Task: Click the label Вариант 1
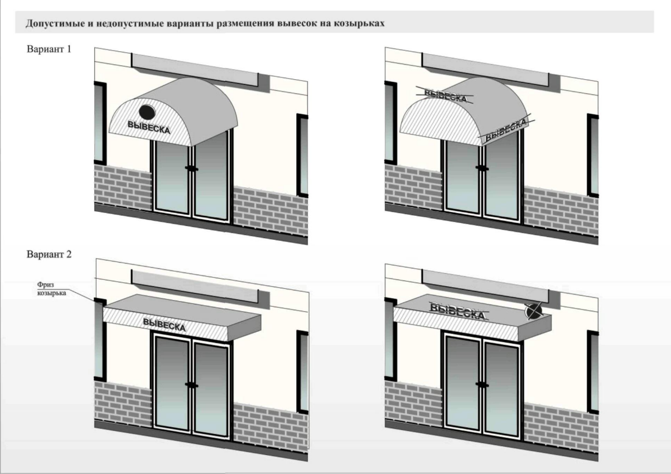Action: tap(49, 49)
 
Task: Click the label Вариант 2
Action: tap(49, 254)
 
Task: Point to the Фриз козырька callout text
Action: tap(51, 289)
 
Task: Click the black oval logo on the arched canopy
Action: tap(147, 112)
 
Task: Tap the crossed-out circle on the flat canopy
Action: tap(533, 311)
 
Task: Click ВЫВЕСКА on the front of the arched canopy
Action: tap(149, 128)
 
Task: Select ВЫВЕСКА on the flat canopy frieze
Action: tap(164, 325)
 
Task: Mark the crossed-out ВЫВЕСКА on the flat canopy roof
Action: tap(458, 311)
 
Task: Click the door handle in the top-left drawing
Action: tap(191, 168)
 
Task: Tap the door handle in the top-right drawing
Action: tap(482, 168)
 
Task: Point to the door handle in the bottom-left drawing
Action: tap(191, 385)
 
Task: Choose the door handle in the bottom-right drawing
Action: tap(482, 384)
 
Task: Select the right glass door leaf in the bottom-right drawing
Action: tap(501, 389)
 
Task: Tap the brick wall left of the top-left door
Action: tap(123, 186)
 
